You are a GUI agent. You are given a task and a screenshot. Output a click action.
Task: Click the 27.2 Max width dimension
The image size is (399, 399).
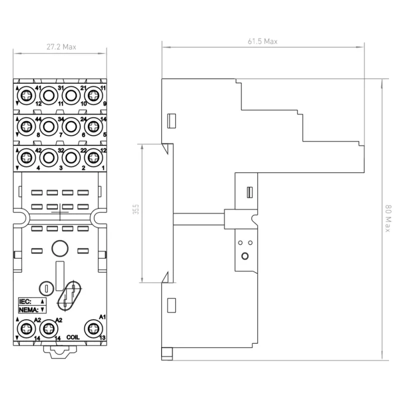(61, 47)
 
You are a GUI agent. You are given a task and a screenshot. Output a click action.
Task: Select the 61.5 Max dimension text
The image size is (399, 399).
(263, 41)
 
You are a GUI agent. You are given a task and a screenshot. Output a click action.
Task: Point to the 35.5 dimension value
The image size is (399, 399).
(136, 209)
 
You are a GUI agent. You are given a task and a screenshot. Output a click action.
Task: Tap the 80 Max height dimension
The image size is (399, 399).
(388, 218)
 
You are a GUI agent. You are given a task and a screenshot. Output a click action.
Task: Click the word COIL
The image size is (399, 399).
(73, 338)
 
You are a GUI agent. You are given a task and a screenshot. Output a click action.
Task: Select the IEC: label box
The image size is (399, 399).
(32, 302)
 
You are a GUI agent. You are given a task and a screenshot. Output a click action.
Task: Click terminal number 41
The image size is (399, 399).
(38, 88)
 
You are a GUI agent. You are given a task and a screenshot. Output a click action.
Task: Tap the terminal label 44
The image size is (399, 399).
(38, 119)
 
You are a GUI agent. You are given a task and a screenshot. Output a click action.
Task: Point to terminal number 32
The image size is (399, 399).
(61, 150)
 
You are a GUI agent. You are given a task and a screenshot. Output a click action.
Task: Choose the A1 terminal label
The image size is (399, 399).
(102, 317)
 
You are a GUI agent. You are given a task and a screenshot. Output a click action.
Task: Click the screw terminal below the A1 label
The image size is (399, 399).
(93, 329)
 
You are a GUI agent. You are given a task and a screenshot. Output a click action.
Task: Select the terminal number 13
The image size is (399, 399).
(102, 338)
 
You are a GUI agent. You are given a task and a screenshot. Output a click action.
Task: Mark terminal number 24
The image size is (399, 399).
(83, 119)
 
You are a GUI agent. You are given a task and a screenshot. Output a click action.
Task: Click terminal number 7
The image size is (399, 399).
(60, 135)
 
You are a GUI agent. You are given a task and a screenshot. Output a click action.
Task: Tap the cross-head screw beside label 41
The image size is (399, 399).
(26, 96)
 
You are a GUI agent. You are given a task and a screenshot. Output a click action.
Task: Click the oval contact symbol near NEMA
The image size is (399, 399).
(69, 296)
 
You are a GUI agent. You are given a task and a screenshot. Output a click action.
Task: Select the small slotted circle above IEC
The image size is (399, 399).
(46, 289)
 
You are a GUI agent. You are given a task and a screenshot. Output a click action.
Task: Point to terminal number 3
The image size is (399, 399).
(60, 168)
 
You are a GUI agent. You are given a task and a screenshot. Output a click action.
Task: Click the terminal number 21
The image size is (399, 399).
(83, 88)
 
